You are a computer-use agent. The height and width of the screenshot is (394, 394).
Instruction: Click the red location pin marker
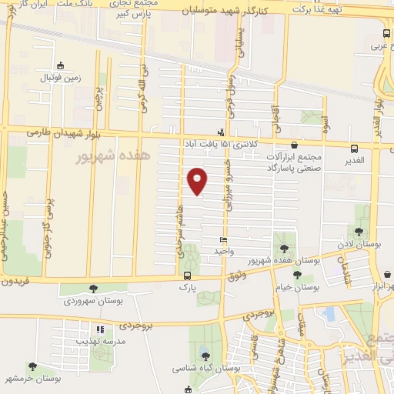click(x=198, y=180)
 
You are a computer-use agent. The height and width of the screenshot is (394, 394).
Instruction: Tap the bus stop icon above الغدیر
click(x=354, y=149)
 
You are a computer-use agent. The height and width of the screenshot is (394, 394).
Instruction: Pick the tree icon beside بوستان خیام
click(x=297, y=275)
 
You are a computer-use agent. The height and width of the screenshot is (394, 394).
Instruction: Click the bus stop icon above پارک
click(x=188, y=275)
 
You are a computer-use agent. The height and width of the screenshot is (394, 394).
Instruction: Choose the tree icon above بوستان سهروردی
click(x=93, y=289)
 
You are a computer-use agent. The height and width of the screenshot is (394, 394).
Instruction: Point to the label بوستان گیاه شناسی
click(x=210, y=369)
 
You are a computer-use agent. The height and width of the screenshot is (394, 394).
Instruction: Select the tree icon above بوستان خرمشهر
click(x=32, y=366)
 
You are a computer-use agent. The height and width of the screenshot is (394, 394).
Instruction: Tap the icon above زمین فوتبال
click(x=60, y=65)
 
